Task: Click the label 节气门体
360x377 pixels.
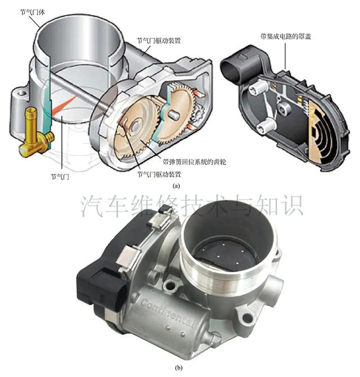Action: (x=32, y=12)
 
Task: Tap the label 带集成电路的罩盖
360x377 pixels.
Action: (x=286, y=37)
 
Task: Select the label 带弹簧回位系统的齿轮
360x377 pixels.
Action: (x=194, y=162)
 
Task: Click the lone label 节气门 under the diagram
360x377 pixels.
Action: (x=60, y=177)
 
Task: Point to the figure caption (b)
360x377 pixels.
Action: (x=178, y=367)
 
